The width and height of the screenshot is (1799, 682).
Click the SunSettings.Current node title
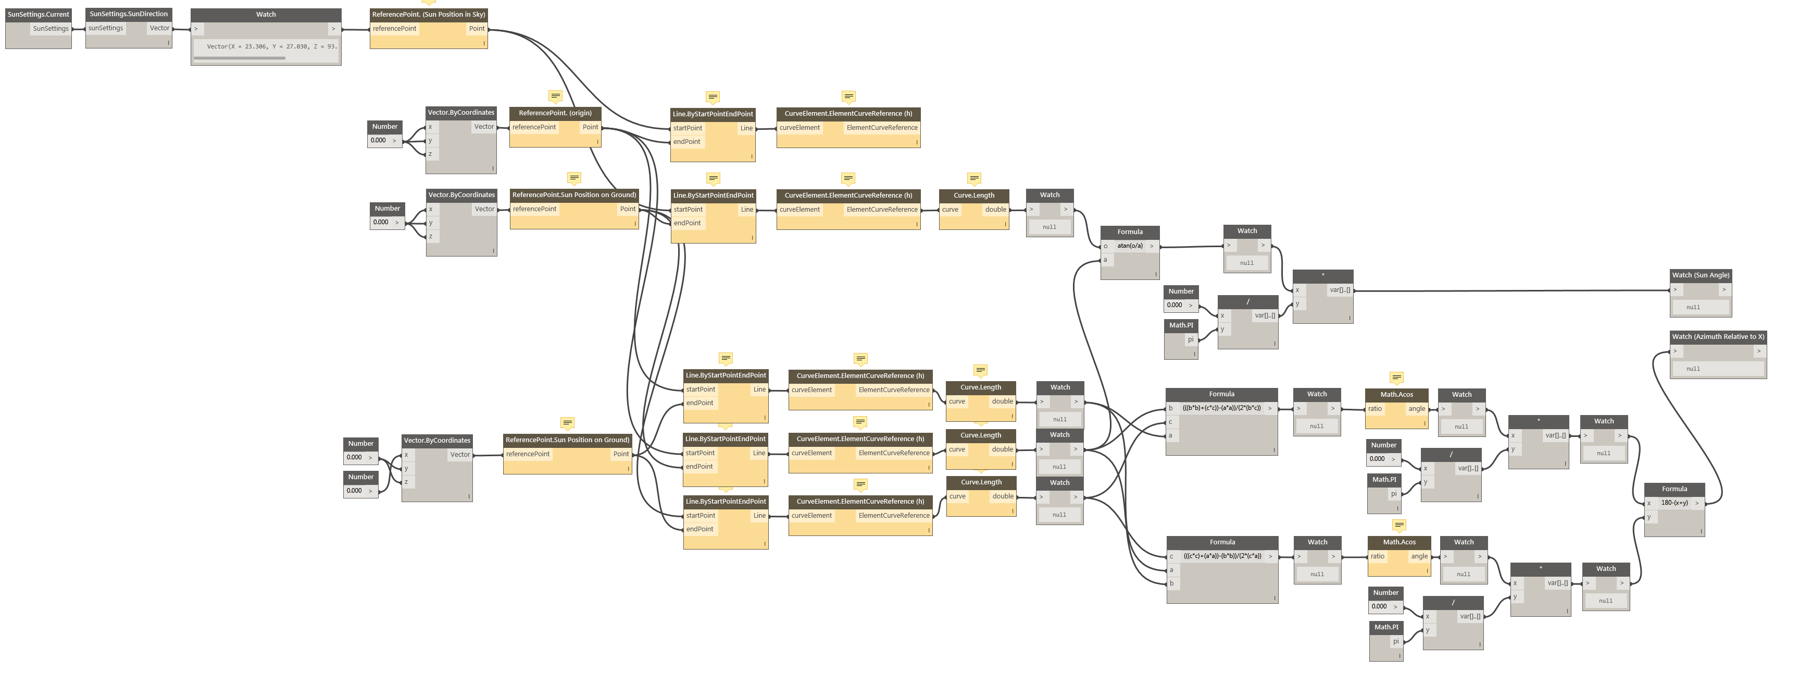[39, 14]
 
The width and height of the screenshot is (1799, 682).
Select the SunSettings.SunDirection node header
[129, 14]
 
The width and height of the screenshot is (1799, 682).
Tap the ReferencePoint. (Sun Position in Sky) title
[428, 14]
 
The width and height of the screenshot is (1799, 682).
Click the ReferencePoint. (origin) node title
[555, 113]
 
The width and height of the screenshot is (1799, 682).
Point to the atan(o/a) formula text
[1129, 246]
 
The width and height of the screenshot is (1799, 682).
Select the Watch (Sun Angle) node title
[1700, 275]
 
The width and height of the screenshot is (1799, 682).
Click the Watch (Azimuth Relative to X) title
[1717, 337]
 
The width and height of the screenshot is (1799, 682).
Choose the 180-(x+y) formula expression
[1674, 503]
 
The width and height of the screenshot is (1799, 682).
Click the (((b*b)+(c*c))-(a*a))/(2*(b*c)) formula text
[1221, 408]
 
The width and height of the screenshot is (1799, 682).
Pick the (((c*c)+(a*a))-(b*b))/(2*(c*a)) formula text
[1222, 556]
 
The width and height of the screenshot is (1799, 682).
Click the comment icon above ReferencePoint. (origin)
[555, 96]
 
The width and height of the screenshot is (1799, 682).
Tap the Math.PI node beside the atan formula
[1181, 326]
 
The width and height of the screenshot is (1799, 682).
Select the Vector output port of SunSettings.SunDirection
[159, 29]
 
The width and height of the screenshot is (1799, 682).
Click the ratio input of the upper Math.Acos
[1375, 409]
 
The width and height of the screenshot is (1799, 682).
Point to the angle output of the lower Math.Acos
[1419, 557]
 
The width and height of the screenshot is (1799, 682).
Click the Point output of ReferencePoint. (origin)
[590, 127]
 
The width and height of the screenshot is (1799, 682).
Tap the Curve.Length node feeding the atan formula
[973, 196]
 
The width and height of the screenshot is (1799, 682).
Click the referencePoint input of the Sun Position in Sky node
[395, 29]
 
